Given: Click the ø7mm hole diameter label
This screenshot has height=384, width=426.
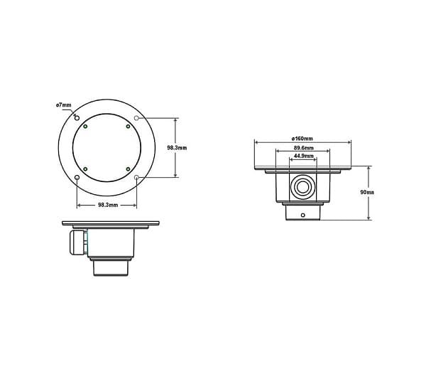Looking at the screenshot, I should [x=63, y=105].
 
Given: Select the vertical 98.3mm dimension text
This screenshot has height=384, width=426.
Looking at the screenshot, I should [x=177, y=148].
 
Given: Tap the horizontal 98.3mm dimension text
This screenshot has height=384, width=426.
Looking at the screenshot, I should [x=107, y=205].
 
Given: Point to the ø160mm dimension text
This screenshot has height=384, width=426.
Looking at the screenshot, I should [x=302, y=138].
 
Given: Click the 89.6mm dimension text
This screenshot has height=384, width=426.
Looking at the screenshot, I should [x=303, y=148].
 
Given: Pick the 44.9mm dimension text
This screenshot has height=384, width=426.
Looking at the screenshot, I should [x=303, y=156].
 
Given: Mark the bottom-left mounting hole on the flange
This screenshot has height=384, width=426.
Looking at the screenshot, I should [x=77, y=177].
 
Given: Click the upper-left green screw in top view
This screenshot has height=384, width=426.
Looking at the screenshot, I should [x=85, y=127].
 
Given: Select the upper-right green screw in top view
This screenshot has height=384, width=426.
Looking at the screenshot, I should [x=128, y=127].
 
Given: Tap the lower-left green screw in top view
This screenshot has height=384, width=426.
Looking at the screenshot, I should [x=85, y=169].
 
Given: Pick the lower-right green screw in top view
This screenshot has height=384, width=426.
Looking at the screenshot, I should [x=128, y=169].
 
